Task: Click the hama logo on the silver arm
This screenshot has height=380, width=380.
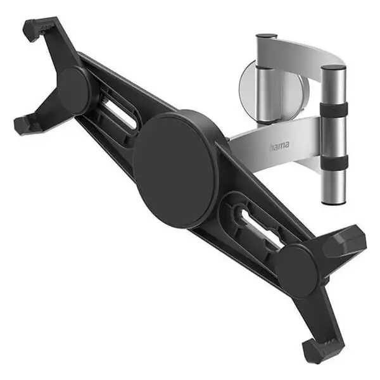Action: point(279,145)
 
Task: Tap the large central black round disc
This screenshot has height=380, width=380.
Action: point(175,172)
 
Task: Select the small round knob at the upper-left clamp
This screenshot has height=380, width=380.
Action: point(73,91)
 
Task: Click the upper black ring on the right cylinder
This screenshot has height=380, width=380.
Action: point(334,109)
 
